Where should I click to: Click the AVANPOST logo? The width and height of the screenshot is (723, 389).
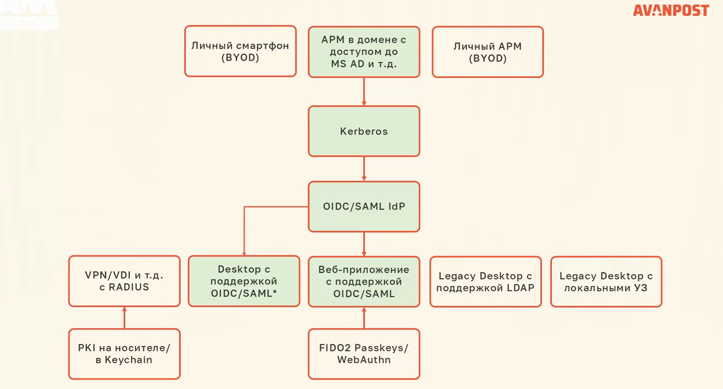pyautogui.click(x=671, y=10)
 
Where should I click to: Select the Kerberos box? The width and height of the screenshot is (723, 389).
pyautogui.click(x=364, y=131)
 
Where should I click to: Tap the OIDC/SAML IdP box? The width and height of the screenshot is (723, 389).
pyautogui.click(x=364, y=206)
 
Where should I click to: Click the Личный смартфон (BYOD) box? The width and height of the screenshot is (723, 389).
pyautogui.click(x=240, y=51)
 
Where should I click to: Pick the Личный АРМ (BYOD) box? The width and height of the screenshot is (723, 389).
pyautogui.click(x=487, y=52)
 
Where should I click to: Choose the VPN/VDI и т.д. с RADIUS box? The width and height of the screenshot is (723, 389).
pyautogui.click(x=124, y=281)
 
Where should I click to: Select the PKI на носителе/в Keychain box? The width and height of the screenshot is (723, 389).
pyautogui.click(x=124, y=354)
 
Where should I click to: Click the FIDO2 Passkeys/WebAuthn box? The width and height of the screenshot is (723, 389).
pyautogui.click(x=364, y=354)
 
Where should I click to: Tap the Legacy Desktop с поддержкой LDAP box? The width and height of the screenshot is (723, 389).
pyautogui.click(x=485, y=281)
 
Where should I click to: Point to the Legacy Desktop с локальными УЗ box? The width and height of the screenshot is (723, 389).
pyautogui.click(x=606, y=281)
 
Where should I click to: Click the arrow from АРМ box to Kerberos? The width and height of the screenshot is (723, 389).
pyautogui.click(x=364, y=91)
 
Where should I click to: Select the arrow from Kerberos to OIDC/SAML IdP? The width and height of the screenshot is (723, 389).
pyautogui.click(x=364, y=169)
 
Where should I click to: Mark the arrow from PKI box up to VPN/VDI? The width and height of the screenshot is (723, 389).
pyautogui.click(x=125, y=317)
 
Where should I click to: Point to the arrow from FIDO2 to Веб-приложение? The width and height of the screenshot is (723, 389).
pyautogui.click(x=364, y=318)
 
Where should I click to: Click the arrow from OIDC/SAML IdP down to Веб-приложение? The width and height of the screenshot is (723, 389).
pyautogui.click(x=364, y=244)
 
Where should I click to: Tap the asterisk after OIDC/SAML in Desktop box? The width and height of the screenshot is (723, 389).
pyautogui.click(x=275, y=292)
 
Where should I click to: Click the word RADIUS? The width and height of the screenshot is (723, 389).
pyautogui.click(x=129, y=287)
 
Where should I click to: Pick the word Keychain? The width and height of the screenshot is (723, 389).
pyautogui.click(x=128, y=360)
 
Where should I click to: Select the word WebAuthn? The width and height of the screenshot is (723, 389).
pyautogui.click(x=364, y=360)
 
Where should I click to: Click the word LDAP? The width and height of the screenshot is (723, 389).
pyautogui.click(x=521, y=288)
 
